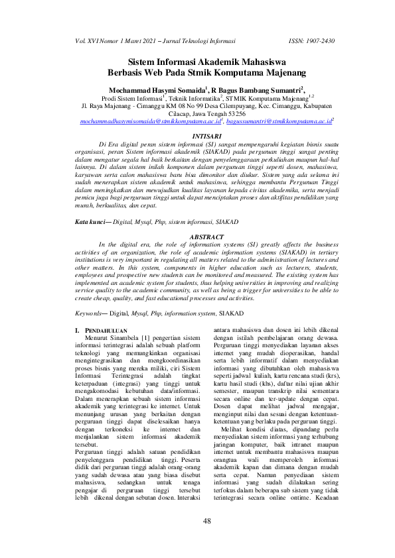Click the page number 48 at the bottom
206,521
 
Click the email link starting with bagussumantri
278,123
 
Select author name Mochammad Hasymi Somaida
147,88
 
